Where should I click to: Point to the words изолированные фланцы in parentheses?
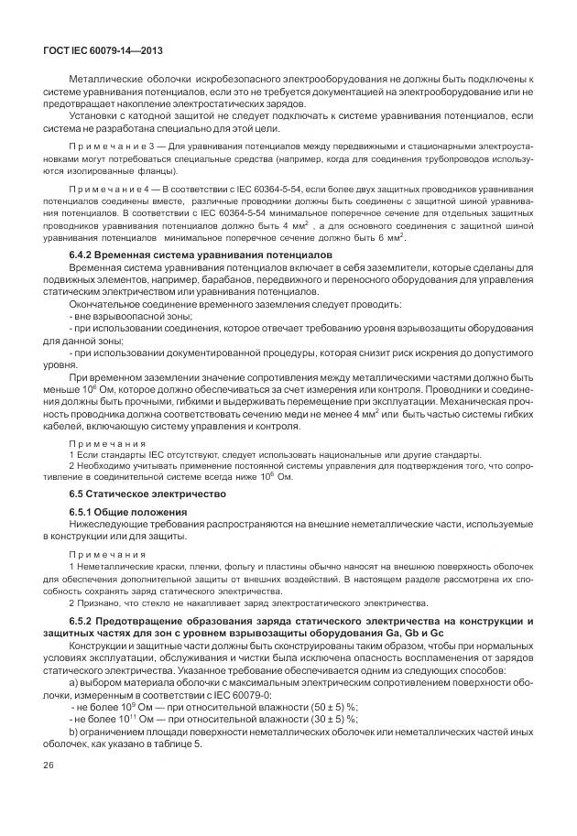tap(137, 170)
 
